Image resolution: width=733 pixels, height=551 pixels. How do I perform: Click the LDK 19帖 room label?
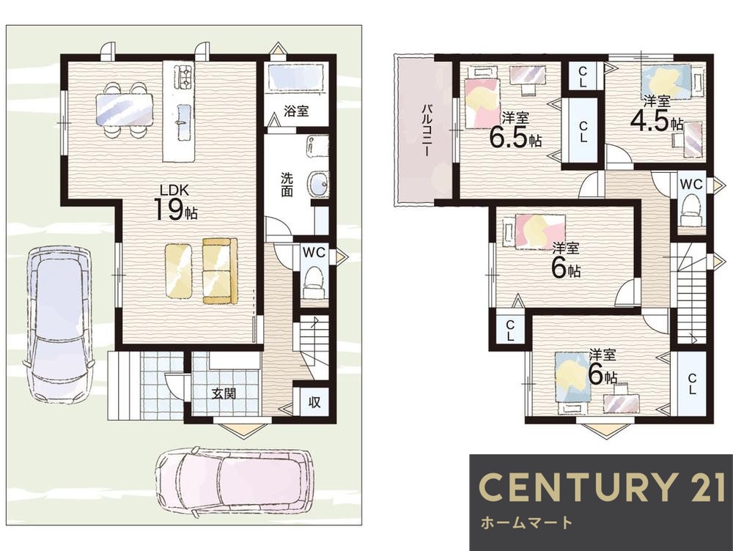[x=175, y=202]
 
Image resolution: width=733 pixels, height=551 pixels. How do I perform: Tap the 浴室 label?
[x=296, y=111]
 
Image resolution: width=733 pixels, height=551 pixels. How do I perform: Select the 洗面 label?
[x=287, y=185]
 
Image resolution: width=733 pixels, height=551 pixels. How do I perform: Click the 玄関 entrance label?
[x=224, y=394]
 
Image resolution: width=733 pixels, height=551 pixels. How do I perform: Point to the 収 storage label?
[x=314, y=402]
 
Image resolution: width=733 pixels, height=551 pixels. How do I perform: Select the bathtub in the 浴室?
[x=296, y=78]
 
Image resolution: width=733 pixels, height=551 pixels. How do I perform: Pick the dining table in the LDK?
[x=125, y=110]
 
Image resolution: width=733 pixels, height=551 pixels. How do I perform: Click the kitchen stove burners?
[x=183, y=78]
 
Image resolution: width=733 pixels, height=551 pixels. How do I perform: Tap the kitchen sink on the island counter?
[x=183, y=122]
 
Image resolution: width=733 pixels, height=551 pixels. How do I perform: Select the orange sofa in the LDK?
[x=220, y=271]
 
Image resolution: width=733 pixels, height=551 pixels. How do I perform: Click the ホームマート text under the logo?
[x=526, y=522]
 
